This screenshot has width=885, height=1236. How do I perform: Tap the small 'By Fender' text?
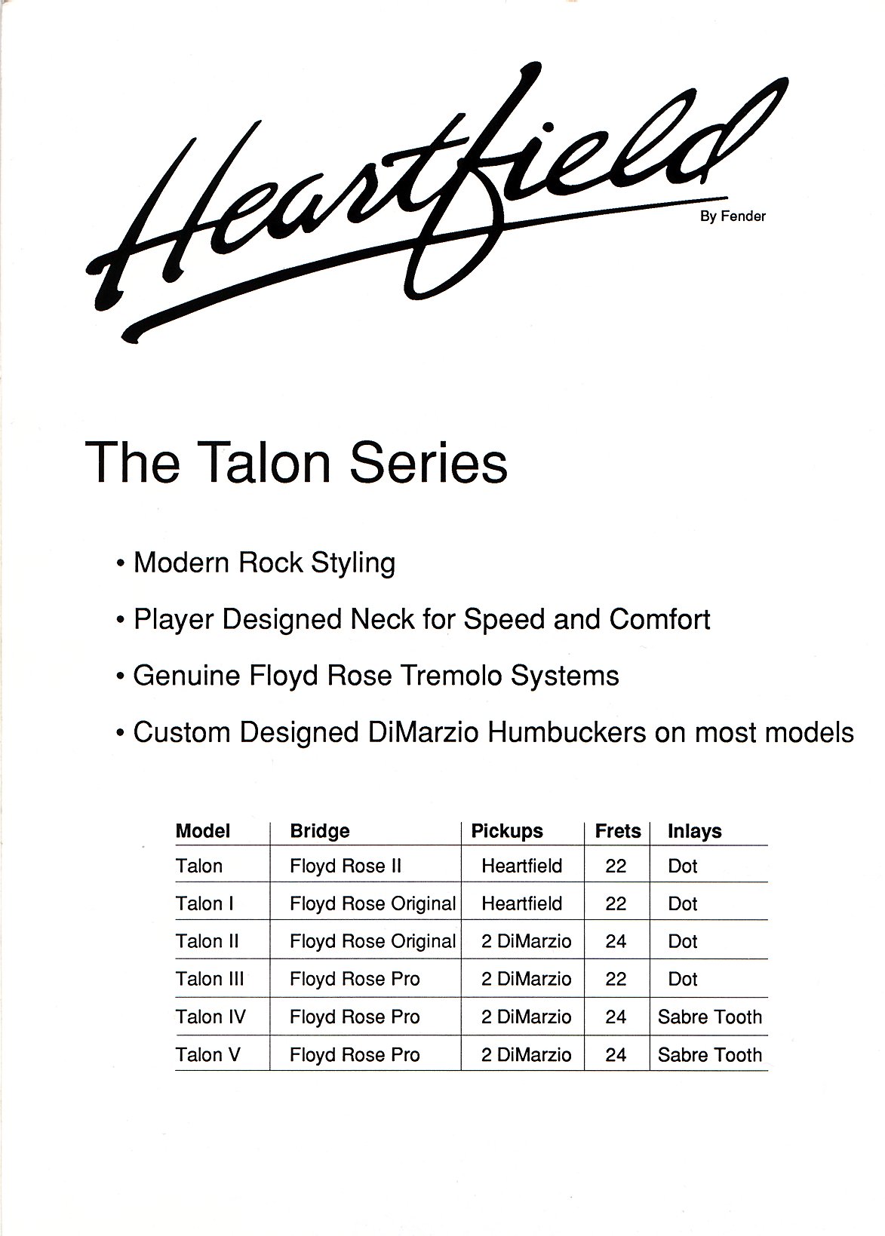tap(733, 216)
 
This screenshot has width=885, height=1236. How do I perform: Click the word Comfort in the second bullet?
tap(659, 619)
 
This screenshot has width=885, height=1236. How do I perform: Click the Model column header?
tap(203, 831)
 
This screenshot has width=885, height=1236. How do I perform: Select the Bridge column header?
tap(320, 831)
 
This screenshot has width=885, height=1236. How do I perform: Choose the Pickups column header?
tap(507, 831)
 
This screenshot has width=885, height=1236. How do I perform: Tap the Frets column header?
tap(618, 831)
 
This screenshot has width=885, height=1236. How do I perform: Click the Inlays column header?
tap(695, 831)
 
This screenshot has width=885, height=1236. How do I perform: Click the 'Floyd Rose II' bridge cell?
tap(346, 866)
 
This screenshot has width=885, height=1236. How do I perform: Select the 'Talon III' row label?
tap(209, 979)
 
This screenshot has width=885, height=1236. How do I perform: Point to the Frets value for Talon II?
tap(616, 941)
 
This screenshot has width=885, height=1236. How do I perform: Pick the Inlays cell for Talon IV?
tap(709, 1017)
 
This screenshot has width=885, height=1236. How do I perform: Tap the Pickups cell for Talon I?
tap(522, 904)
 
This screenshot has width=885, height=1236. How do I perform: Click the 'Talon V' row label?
tap(207, 1054)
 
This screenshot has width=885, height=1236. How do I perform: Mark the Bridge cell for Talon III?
tap(355, 980)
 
